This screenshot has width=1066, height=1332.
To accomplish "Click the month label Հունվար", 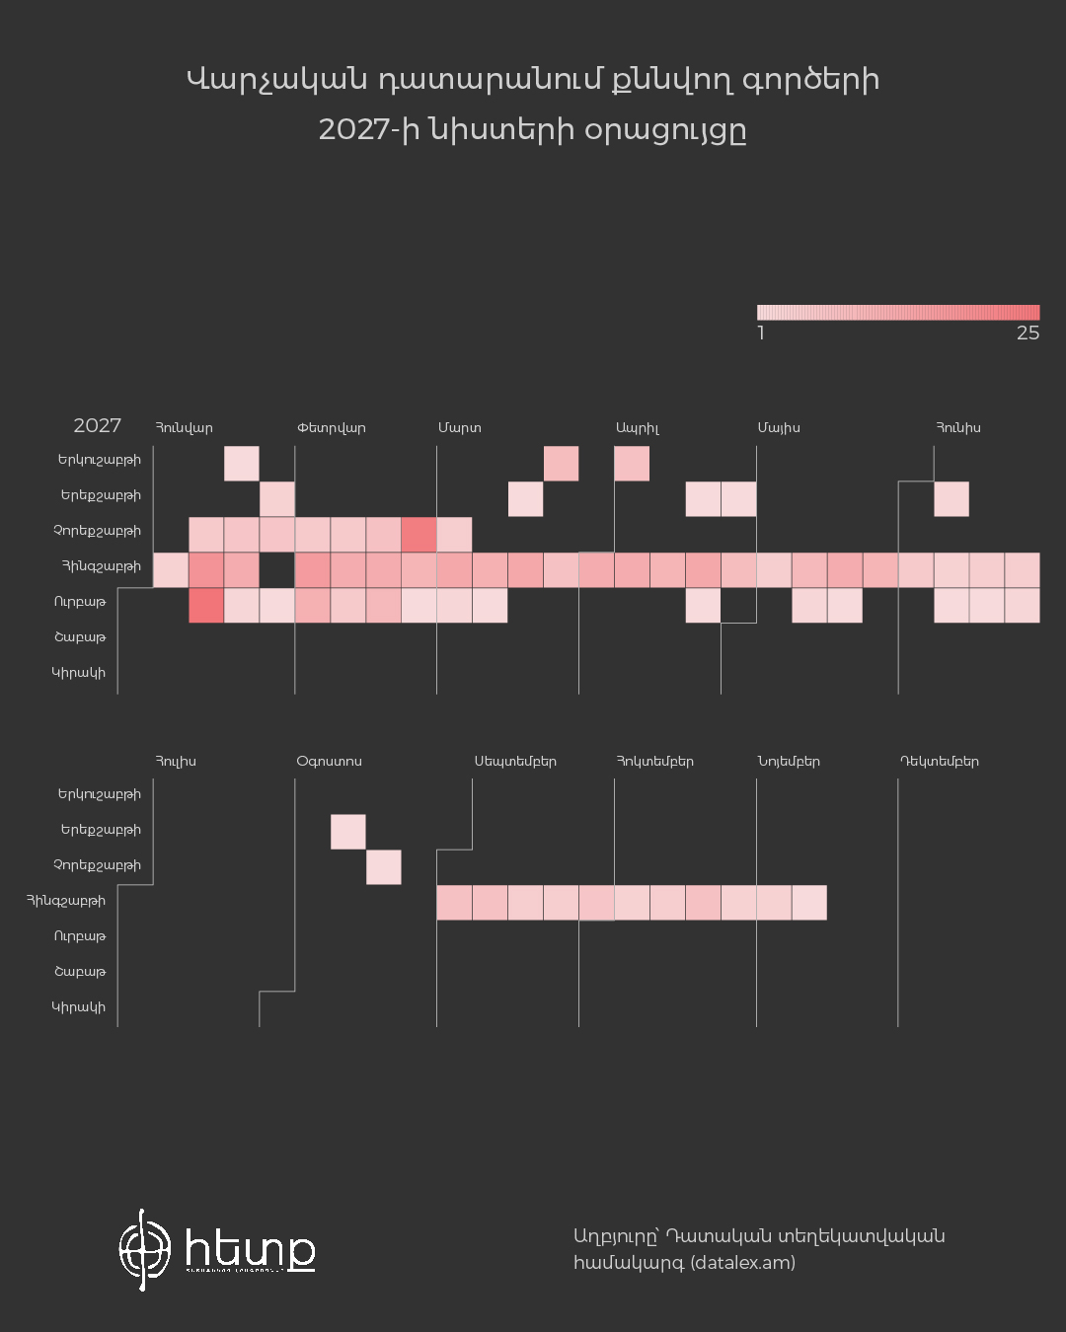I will [184, 428].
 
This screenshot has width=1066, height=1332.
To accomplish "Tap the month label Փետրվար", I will [331, 428].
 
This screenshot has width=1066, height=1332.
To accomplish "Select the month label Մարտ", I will [460, 428].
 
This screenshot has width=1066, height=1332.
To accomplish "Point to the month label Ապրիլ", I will [638, 428].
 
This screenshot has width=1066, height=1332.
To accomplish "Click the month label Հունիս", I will [958, 428].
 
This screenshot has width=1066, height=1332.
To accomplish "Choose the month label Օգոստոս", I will [329, 762].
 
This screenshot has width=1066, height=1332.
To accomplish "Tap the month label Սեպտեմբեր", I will [515, 762].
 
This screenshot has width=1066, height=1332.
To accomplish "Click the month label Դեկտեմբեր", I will [940, 762].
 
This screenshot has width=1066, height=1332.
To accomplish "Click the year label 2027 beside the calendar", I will [97, 426].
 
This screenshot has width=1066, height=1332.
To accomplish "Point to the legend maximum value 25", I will [1028, 333].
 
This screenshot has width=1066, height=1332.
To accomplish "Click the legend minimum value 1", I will [761, 333].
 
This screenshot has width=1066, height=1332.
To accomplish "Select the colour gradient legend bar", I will [898, 312].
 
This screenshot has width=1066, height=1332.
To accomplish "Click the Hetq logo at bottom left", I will [217, 1249].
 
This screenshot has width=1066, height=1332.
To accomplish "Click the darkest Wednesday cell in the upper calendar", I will [419, 535].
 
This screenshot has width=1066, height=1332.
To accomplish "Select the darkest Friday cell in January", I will [205, 606].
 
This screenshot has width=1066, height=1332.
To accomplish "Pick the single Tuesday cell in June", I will [952, 499].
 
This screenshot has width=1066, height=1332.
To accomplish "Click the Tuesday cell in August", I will [347, 832].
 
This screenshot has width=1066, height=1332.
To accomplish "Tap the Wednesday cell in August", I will [383, 867].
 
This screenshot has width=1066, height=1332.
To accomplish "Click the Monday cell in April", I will [632, 464].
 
